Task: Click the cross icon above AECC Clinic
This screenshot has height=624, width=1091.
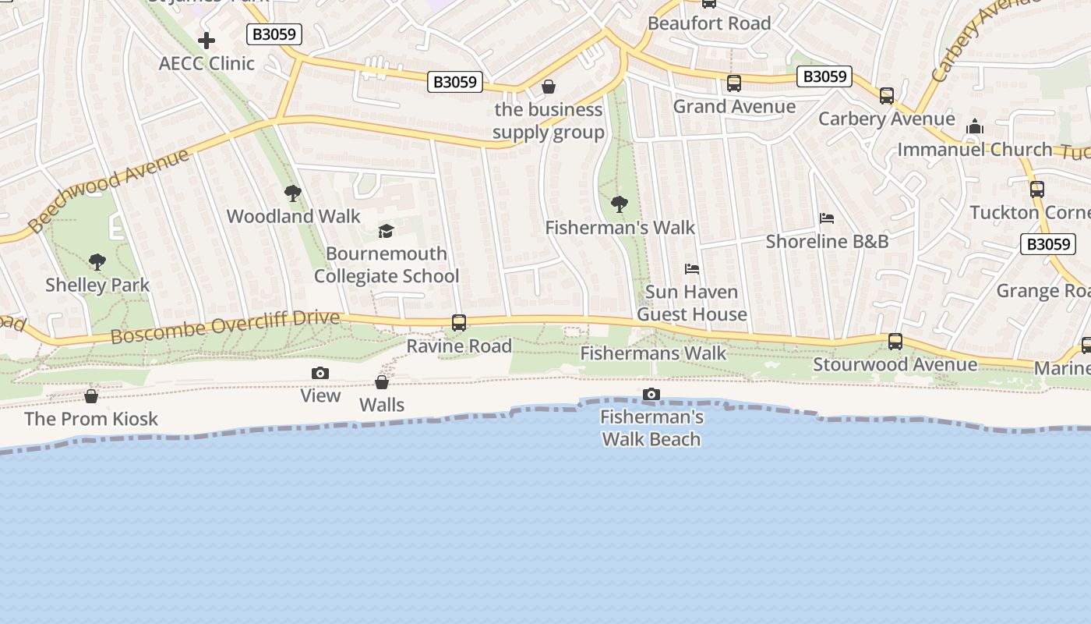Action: [x=207, y=40]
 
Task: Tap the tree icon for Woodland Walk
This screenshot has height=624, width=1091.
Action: [x=293, y=193]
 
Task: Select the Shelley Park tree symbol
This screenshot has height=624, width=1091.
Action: [x=97, y=261]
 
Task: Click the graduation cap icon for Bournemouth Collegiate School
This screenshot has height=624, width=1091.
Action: [x=386, y=230]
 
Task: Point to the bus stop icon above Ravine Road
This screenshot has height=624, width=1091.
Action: [x=459, y=322]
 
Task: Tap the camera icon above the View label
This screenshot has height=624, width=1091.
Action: [x=320, y=374]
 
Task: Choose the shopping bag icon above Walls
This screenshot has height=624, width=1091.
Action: [x=382, y=382]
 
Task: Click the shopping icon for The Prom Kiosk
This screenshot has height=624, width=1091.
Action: [x=91, y=396]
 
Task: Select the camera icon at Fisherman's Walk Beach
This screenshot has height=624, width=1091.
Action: [x=651, y=395]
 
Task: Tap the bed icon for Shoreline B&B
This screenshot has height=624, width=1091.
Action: [x=827, y=218]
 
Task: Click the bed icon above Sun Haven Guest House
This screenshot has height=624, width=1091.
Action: [x=692, y=269]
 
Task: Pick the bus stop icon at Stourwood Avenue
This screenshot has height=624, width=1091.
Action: [x=895, y=341]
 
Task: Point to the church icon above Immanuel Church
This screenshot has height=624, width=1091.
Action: [x=975, y=126]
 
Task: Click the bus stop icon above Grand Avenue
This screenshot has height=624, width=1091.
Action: [x=734, y=83]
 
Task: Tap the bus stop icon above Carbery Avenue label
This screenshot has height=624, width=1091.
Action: [x=887, y=96]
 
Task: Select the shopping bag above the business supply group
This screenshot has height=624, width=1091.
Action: [x=549, y=87]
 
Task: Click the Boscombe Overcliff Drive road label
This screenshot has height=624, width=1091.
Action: [x=225, y=327]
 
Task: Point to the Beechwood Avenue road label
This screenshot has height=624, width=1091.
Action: [x=108, y=190]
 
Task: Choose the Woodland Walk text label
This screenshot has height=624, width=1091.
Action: [x=294, y=216]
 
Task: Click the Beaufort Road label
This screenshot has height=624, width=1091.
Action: [x=709, y=23]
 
